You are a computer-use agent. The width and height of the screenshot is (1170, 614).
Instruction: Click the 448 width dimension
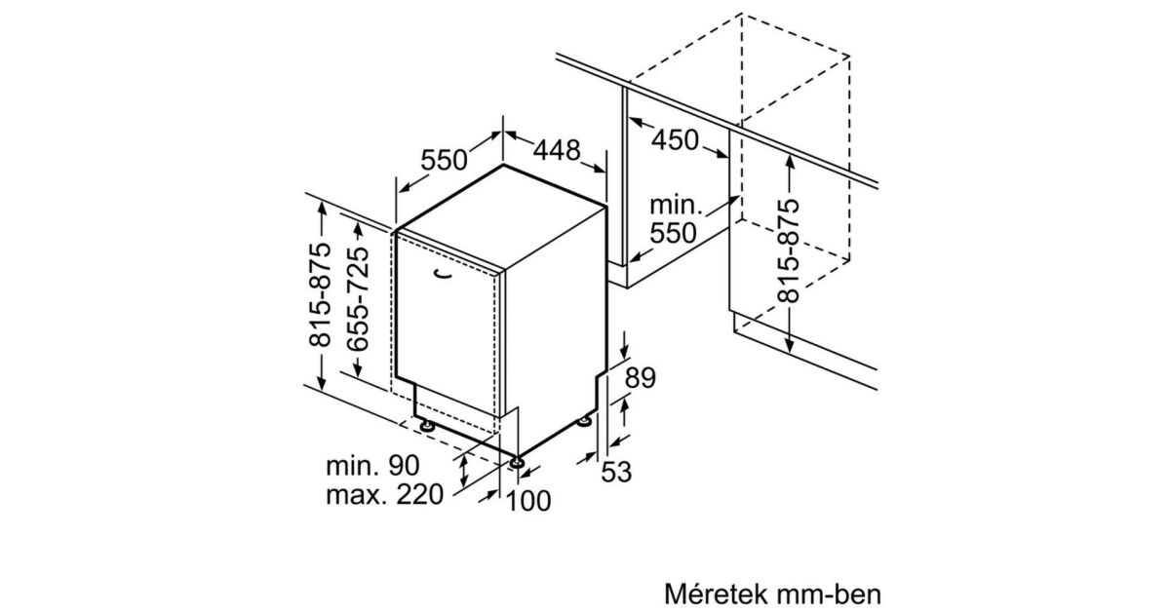click(x=557, y=150)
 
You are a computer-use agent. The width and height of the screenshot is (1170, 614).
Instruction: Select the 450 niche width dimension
click(x=675, y=140)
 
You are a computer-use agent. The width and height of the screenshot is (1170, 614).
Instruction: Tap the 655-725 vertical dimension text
click(x=358, y=298)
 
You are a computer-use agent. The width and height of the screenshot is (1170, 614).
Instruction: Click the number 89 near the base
click(x=640, y=377)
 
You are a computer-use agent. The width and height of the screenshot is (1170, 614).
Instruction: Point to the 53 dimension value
click(x=616, y=472)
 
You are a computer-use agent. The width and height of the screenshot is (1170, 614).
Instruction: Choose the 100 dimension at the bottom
click(x=528, y=501)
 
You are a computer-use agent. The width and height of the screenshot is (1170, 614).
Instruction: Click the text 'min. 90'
click(x=372, y=465)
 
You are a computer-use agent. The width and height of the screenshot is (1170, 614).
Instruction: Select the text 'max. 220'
click(x=384, y=494)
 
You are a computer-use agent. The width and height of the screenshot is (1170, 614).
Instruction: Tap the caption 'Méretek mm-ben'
click(x=772, y=594)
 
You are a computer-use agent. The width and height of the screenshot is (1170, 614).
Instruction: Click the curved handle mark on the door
click(x=443, y=274)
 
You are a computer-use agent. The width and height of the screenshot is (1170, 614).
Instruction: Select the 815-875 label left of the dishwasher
click(x=320, y=295)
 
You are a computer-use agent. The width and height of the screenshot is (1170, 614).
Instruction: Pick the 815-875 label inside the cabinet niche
click(x=788, y=250)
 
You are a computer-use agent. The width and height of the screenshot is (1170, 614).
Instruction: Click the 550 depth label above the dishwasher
click(x=444, y=160)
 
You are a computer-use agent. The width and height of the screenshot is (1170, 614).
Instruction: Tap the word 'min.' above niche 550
click(x=676, y=206)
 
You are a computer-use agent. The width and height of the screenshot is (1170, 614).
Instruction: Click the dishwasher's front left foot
click(x=428, y=427)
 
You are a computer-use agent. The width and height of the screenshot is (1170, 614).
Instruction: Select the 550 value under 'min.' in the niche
click(x=674, y=233)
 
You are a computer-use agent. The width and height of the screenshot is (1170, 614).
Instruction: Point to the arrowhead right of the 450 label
click(x=721, y=154)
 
